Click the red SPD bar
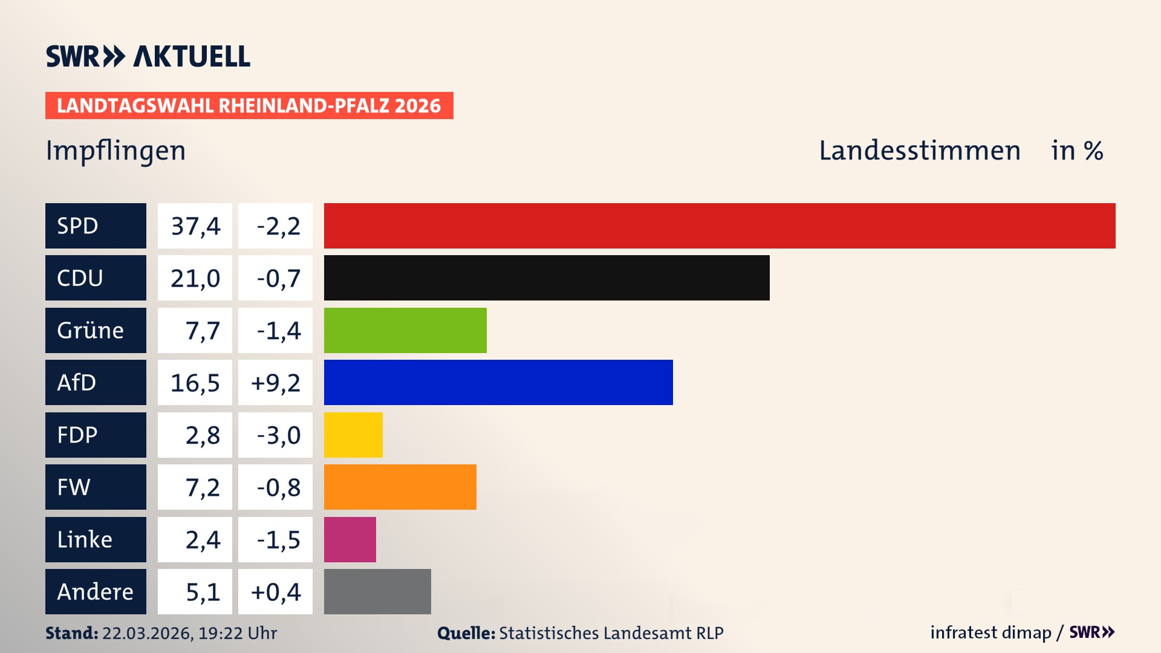[x=720, y=226]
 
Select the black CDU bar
[x=547, y=278]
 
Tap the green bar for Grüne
[x=405, y=330]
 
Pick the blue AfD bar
[x=498, y=382]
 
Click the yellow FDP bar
[x=353, y=435]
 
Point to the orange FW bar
[x=400, y=487]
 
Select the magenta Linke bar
[x=350, y=539]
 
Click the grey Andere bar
[x=377, y=591]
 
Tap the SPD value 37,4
[x=195, y=226]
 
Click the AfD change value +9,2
[x=276, y=383]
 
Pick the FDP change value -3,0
[x=278, y=435]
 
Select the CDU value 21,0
[x=195, y=278]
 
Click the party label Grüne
[x=91, y=330]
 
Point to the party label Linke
[x=85, y=539]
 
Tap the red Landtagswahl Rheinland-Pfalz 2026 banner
[x=249, y=106]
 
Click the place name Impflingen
[x=116, y=151]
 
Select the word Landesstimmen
[x=919, y=151]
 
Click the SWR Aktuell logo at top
[x=148, y=56]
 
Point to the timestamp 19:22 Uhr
[x=237, y=633]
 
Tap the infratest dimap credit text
[x=990, y=632]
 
